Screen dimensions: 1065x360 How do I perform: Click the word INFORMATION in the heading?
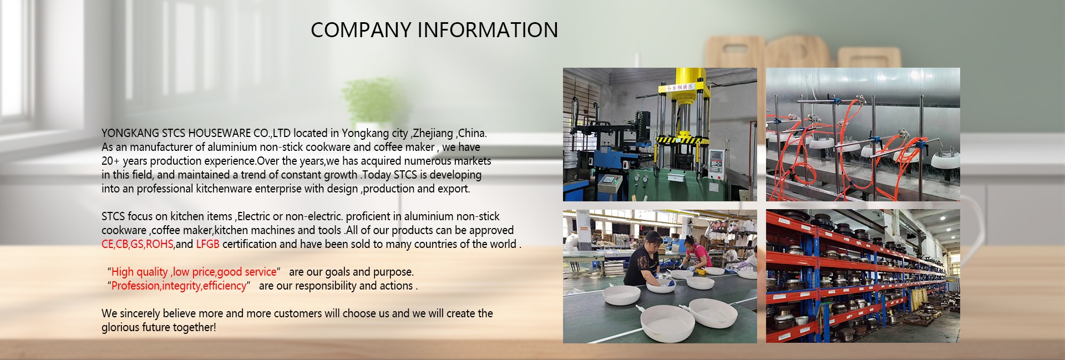coord(488,30)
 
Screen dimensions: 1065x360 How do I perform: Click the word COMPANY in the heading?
coord(361,30)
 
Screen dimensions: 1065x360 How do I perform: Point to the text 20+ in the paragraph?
coord(110,161)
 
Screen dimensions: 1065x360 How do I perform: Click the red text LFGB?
coord(208,244)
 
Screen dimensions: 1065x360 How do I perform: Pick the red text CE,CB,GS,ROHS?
coord(138,244)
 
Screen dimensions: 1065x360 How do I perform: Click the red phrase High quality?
coord(140,272)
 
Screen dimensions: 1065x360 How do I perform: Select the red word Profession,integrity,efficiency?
coord(179,286)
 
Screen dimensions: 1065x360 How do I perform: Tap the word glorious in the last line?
coord(120,327)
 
